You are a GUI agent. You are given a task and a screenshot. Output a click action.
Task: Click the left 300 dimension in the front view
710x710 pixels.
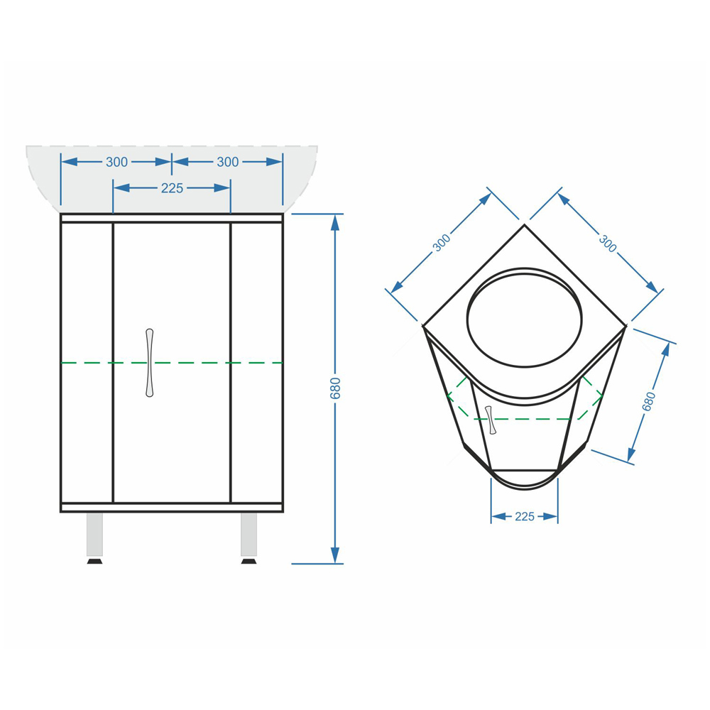[117, 162]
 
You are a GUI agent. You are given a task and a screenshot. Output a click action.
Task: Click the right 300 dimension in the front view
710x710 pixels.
[227, 162]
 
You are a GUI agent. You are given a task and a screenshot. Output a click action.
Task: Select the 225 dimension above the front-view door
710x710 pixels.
[172, 188]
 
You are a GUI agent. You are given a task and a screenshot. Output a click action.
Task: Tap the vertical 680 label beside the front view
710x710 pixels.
[335, 388]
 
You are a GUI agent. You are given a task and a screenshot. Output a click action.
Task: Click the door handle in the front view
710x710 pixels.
[149, 363]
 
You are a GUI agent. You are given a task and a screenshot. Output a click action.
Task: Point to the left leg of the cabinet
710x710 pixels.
[94, 535]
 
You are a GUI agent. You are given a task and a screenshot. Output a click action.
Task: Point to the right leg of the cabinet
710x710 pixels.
[248, 535]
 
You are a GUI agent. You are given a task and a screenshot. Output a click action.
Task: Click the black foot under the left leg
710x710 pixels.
[94, 562]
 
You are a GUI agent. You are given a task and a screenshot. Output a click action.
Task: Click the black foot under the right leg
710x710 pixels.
[248, 562]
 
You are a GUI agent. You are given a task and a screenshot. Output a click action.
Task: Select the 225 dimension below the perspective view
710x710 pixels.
[525, 517]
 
